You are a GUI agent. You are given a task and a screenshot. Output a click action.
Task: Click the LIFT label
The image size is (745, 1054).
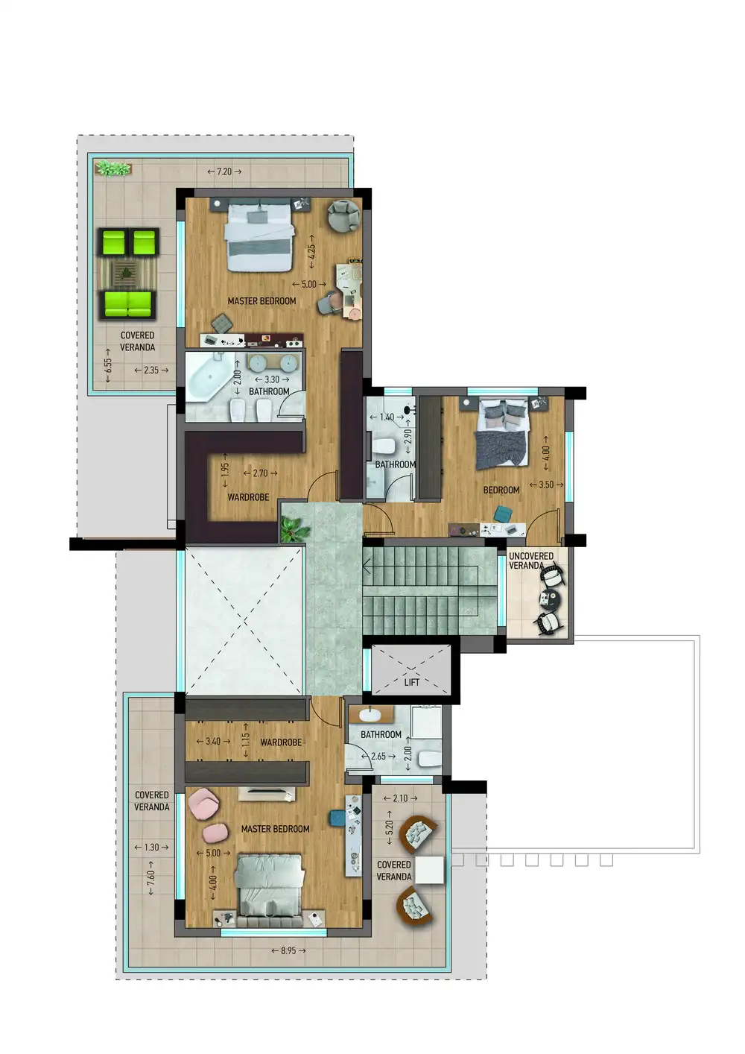point(411,682)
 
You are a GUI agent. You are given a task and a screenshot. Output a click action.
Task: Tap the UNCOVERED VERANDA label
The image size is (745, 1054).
point(530,561)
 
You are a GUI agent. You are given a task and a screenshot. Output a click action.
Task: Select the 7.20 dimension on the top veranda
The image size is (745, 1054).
point(225,171)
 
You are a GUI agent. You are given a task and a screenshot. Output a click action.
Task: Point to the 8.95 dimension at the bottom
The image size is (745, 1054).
point(288,950)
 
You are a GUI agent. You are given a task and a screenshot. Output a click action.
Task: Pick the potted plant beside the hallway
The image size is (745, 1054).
point(294,529)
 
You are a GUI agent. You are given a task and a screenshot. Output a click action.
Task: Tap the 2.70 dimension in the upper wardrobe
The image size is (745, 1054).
point(260,473)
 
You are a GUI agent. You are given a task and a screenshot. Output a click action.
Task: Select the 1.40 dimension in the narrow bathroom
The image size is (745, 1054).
point(387,417)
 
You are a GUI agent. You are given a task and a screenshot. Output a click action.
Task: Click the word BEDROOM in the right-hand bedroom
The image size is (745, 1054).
point(501,490)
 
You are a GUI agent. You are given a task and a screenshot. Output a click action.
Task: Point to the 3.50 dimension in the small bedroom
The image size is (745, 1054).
point(546,485)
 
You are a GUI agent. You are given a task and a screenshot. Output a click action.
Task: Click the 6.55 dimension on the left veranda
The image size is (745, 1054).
point(108,365)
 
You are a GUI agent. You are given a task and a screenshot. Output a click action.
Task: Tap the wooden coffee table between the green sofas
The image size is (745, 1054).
point(127,272)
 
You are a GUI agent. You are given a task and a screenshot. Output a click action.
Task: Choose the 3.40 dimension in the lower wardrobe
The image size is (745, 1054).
point(213,741)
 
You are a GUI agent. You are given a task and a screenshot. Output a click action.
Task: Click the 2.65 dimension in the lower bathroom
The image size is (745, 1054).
point(378,756)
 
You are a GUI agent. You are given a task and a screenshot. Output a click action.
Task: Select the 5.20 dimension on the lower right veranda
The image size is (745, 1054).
point(389,827)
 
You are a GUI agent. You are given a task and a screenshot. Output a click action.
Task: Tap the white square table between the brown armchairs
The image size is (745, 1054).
point(430,870)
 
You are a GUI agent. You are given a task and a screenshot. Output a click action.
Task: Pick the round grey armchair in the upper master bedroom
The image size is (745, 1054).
point(343,215)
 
